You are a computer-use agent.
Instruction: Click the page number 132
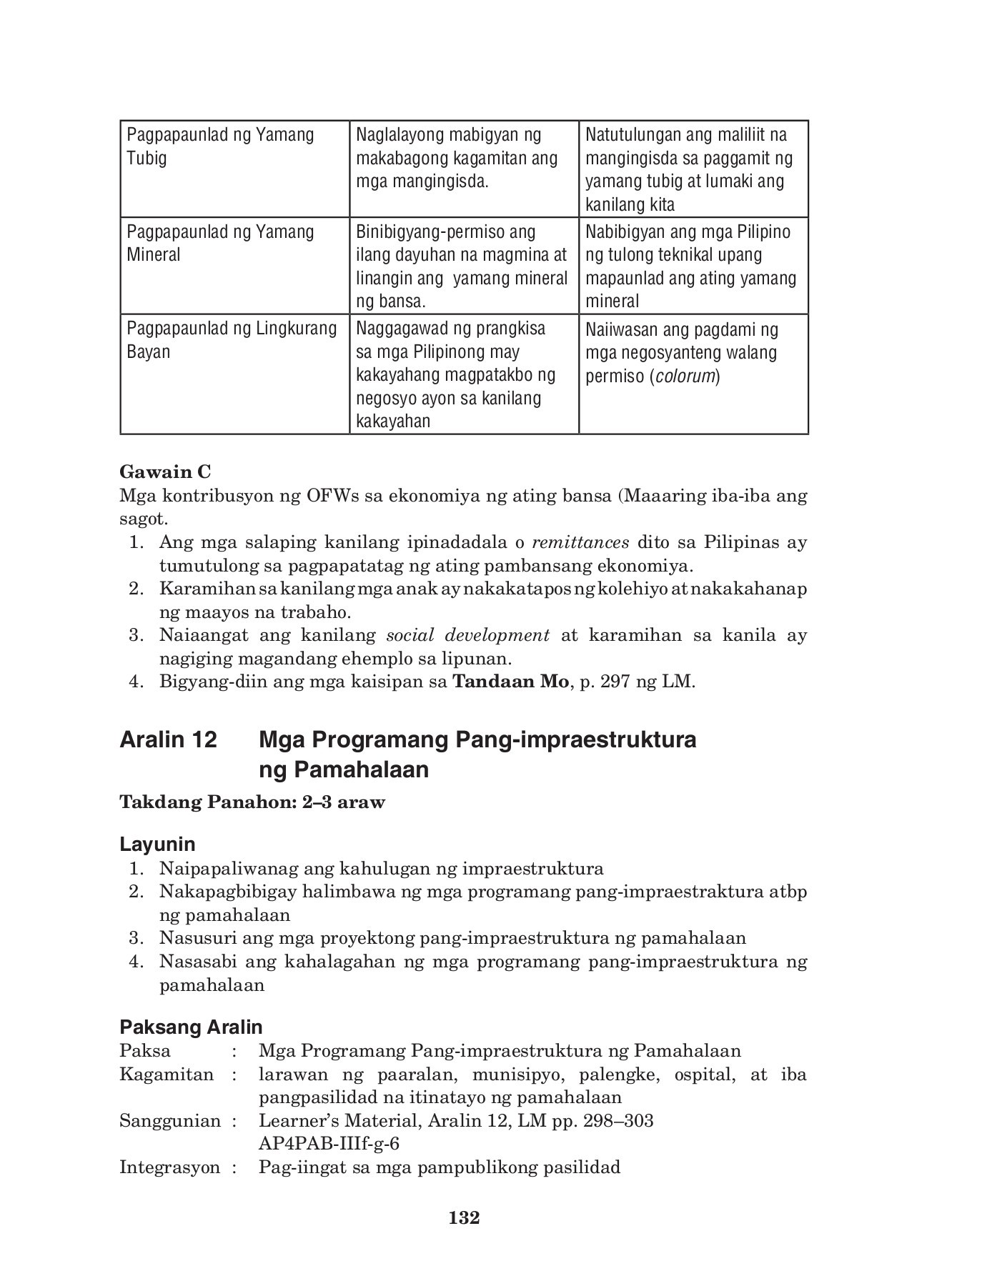pos(464,1217)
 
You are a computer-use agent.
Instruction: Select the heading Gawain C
pos(165,472)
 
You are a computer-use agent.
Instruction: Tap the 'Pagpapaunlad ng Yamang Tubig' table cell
pos(234,169)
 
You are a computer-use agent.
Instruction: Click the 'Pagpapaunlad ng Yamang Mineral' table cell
pos(234,266)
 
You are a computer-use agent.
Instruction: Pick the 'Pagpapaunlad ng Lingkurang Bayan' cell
pos(234,374)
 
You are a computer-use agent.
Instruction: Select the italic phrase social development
pos(467,635)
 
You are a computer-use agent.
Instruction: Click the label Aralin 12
pos(169,740)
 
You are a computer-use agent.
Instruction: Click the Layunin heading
pos(157,844)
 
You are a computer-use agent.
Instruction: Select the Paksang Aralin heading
pos(191,1027)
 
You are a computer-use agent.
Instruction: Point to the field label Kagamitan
pos(167,1075)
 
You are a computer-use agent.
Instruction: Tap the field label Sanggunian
pos(170,1121)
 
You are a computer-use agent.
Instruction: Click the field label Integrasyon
pos(169,1167)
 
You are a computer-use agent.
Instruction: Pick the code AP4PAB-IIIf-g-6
pos(329,1144)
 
